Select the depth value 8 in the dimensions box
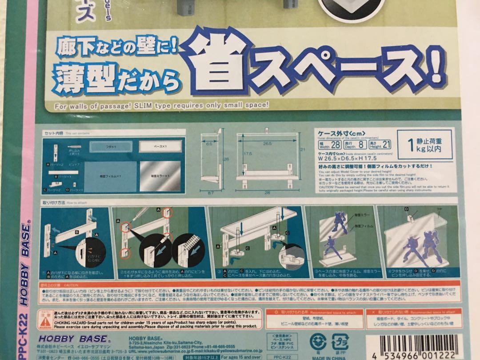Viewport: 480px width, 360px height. (362, 145)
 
